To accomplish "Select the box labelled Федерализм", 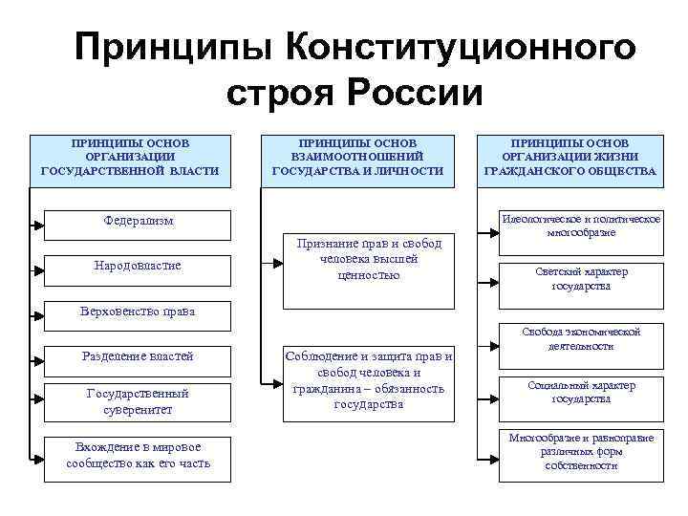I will [139, 223].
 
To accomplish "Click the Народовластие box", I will [139, 264].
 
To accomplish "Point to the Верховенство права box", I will [139, 312].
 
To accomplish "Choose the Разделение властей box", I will [139, 356].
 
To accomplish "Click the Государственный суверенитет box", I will [139, 400].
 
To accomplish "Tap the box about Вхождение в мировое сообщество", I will [139, 455].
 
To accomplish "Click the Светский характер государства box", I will [581, 279].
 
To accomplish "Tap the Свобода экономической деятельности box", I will [581, 338].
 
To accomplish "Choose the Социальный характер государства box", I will [581, 392].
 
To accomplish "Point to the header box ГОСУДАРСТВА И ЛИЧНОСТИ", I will [357, 157].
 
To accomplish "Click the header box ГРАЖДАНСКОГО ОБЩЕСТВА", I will [570, 157].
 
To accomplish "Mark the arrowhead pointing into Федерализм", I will [39, 226].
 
